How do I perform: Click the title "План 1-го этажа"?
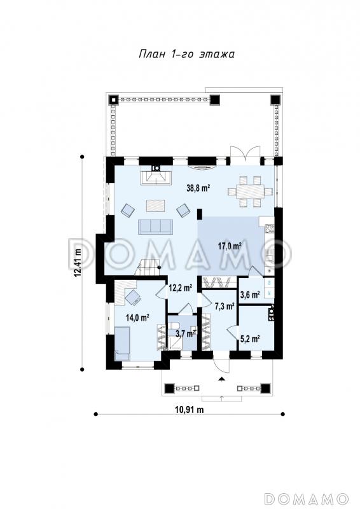click(186, 54)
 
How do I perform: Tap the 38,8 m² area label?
click(198, 188)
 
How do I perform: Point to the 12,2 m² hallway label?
click(181, 288)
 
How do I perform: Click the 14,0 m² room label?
click(137, 317)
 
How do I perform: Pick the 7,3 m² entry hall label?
click(225, 306)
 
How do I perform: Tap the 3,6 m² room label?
click(249, 295)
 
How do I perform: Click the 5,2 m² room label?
click(249, 339)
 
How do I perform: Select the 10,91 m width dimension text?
click(190, 410)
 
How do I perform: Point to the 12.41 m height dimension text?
click(77, 263)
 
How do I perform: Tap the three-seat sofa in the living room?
click(155, 227)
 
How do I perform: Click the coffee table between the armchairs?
click(156, 206)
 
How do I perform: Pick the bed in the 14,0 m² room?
click(122, 344)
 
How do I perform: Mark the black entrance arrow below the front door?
click(222, 378)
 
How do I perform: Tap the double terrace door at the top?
click(246, 153)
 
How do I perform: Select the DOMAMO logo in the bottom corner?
click(307, 498)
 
